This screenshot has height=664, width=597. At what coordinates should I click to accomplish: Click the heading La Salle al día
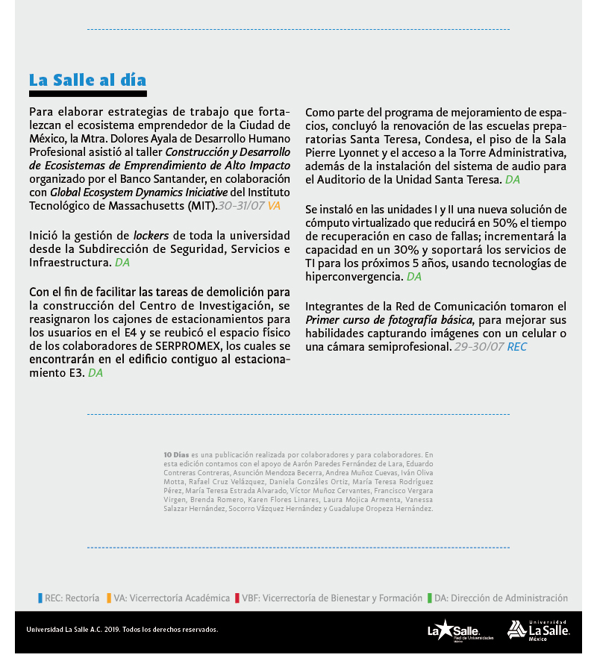[x=87, y=81]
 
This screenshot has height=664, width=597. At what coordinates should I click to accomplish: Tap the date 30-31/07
[x=241, y=205]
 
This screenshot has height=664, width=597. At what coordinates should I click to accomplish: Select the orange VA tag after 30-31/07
[x=274, y=205]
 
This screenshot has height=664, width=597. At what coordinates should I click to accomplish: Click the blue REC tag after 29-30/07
[x=517, y=347]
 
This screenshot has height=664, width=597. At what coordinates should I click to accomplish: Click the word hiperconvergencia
[x=354, y=277]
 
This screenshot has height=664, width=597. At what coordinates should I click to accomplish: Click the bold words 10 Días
[x=176, y=454]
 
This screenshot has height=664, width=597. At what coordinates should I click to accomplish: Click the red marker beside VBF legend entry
[x=237, y=598]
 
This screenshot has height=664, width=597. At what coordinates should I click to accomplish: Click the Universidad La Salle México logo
[x=538, y=630]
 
